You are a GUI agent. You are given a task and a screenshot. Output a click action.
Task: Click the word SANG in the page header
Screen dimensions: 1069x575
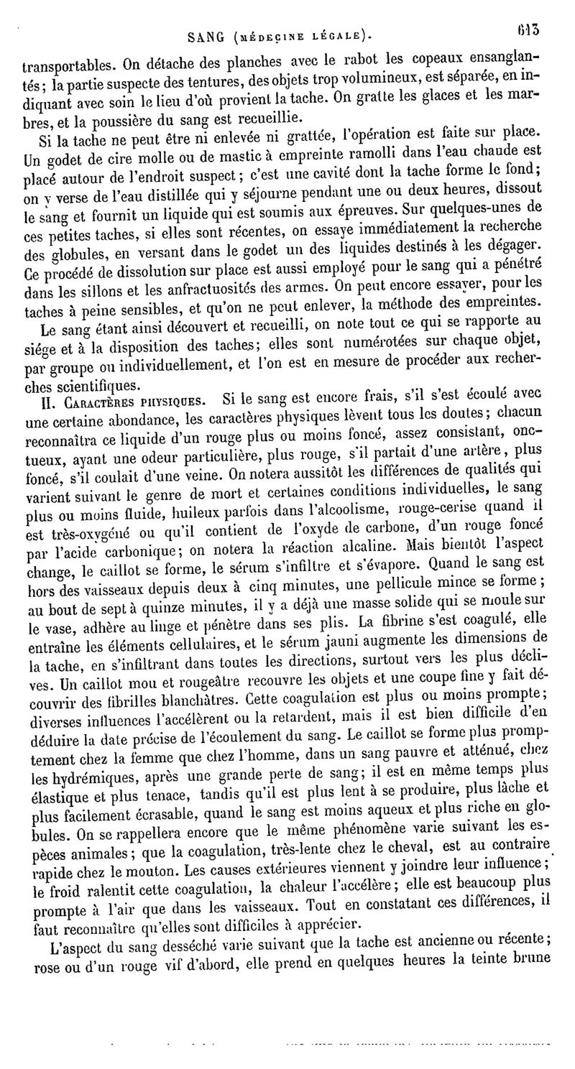click(204, 34)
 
